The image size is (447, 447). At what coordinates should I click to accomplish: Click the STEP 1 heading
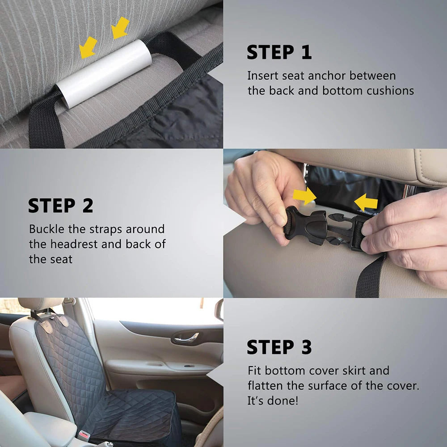pos(279,52)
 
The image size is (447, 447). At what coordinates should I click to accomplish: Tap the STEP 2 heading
pos(60,206)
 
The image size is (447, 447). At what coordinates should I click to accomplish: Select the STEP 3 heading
pos(279,347)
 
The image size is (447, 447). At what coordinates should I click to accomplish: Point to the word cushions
pos(390,91)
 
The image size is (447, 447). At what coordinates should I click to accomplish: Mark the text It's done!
pos(272,401)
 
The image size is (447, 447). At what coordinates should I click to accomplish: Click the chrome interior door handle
pos(186,338)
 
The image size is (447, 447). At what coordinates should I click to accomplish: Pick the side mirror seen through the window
pos(219,310)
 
